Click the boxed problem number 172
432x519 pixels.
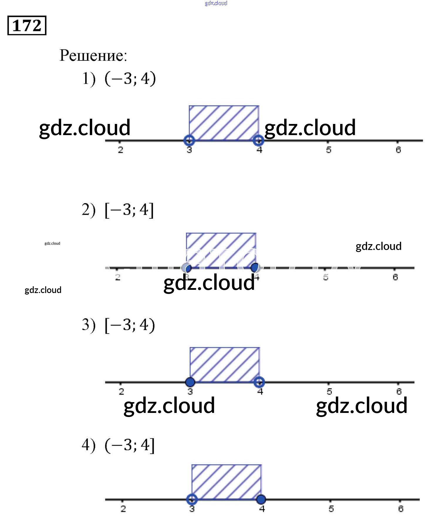27,25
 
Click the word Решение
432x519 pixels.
93,55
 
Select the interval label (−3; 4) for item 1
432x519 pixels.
130,79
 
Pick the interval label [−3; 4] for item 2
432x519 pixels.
129,210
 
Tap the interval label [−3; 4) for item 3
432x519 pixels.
130,325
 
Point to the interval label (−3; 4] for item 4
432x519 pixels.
129,445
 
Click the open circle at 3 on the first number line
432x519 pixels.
189,140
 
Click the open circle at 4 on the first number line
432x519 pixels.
259,140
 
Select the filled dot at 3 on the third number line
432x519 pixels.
190,382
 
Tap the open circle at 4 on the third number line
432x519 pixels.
259,382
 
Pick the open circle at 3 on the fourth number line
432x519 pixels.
192,499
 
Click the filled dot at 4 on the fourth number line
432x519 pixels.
261,499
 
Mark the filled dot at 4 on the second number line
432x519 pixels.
255,267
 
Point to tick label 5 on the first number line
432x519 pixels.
329,150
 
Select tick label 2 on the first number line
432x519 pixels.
120,150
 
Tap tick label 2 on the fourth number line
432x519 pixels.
123,509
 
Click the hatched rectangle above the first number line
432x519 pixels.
224,123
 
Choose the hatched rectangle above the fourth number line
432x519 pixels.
226,481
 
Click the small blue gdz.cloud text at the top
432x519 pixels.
216,3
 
